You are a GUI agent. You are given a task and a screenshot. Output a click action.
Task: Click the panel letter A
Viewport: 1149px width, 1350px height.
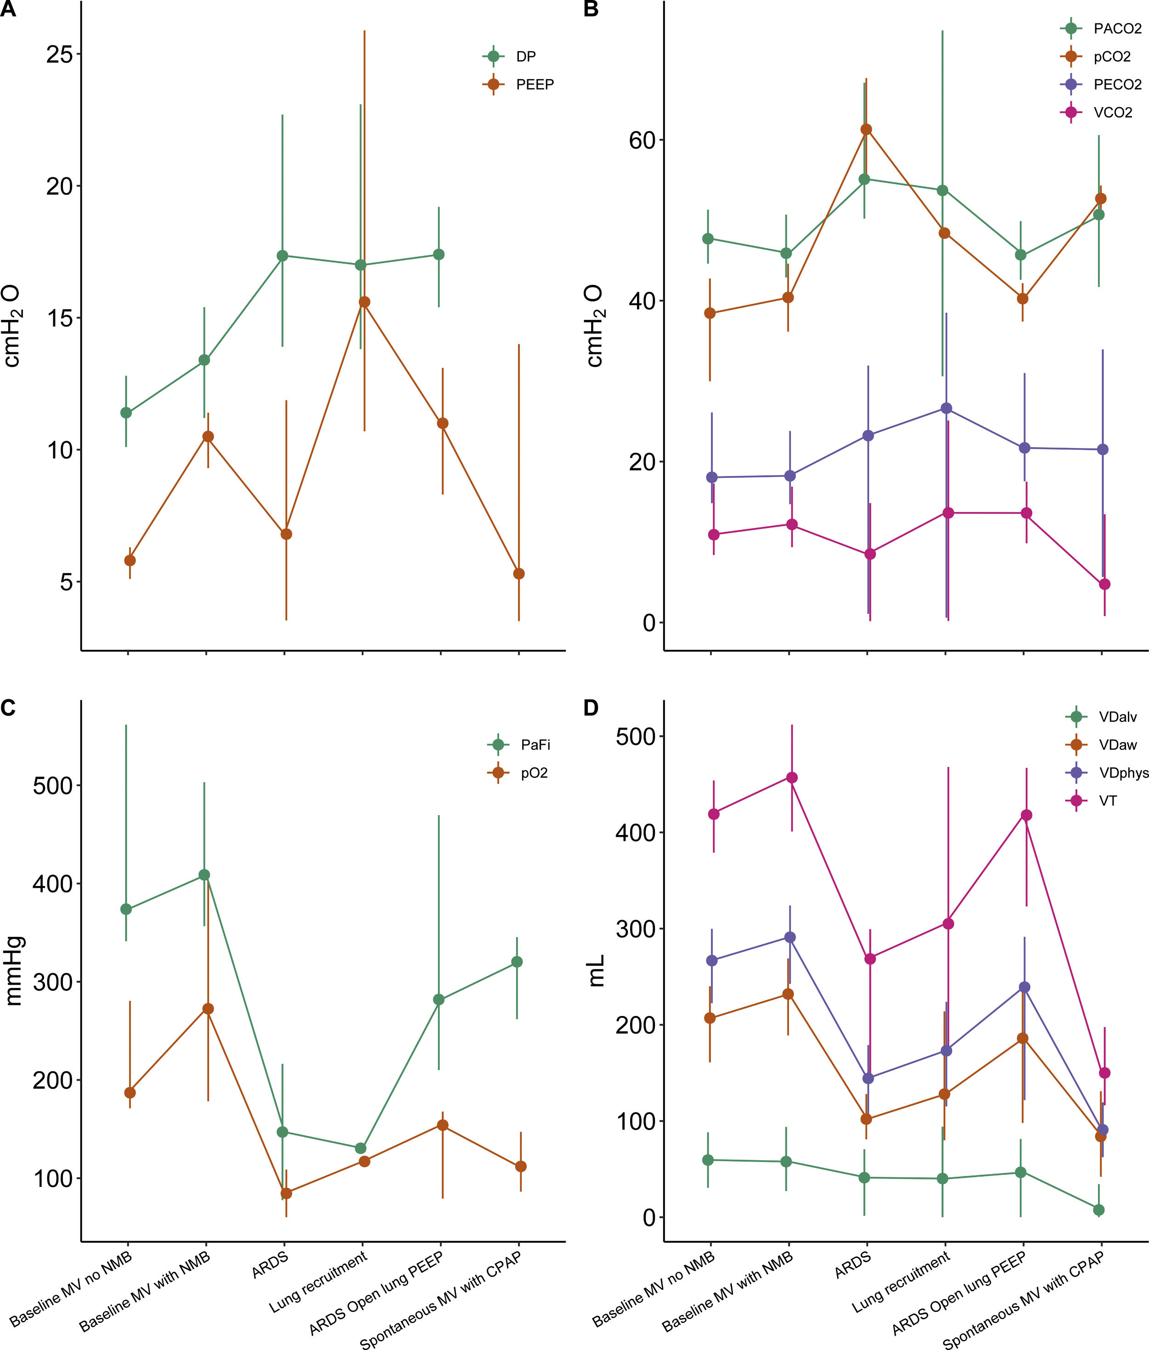pos(8,9)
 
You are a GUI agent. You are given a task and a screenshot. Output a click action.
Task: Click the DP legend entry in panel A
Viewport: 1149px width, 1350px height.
pos(525,57)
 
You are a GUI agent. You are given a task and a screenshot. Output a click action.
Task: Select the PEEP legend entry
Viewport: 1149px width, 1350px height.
pos(534,85)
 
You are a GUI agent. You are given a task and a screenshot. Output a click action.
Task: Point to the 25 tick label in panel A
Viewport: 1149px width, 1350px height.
pos(59,54)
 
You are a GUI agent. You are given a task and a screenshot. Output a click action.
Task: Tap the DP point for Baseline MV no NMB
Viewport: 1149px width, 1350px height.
pos(126,413)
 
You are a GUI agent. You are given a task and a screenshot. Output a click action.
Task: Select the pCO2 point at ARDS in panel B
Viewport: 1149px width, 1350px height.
pos(866,130)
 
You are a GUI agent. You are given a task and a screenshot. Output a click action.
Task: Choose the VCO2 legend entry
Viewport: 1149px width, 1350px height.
pos(1113,113)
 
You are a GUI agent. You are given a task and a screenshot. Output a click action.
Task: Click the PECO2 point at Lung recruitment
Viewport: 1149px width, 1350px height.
pos(946,408)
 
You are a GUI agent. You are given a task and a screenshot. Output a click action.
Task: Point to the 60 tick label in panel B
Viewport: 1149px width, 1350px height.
pos(642,140)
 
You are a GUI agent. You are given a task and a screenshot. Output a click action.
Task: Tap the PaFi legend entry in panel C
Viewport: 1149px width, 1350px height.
pos(535,745)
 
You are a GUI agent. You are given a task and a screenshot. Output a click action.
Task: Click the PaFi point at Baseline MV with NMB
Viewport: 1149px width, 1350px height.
pos(205,874)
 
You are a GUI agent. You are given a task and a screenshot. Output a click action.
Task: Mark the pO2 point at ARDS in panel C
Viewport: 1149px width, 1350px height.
pos(286,1193)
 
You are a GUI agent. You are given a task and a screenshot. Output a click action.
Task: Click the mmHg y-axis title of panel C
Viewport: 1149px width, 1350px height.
pos(14,971)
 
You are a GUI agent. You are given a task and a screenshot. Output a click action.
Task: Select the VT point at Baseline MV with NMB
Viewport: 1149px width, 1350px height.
pos(792,777)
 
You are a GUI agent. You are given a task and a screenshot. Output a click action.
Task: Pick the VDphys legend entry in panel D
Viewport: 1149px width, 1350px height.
pos(1123,773)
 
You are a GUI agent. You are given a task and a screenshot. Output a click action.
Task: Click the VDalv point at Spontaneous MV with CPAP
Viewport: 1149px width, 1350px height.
pos(1099,1210)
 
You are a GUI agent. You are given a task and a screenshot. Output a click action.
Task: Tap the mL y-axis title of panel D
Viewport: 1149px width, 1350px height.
pos(596,970)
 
